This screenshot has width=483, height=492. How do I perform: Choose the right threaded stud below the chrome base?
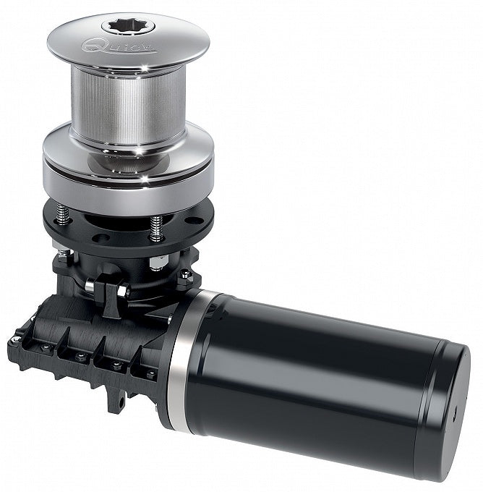click(x=156, y=228)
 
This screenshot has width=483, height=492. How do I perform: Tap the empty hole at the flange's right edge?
click(x=192, y=221)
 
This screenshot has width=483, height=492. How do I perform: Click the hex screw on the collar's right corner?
click(x=186, y=273)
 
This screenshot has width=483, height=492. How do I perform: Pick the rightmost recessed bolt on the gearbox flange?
click(x=150, y=374)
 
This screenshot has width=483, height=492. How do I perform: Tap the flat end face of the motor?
click(x=448, y=405)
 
